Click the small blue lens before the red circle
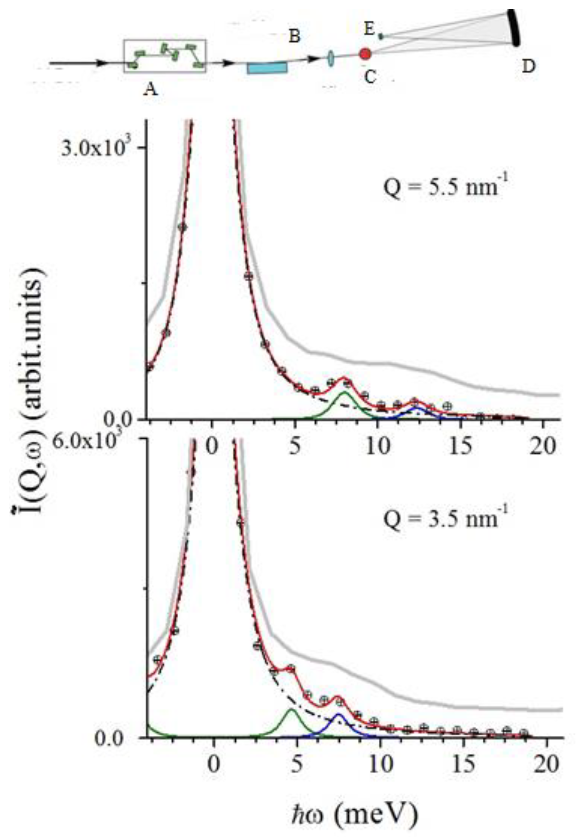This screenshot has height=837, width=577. click(x=330, y=59)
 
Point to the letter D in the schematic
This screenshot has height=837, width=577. click(x=528, y=67)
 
